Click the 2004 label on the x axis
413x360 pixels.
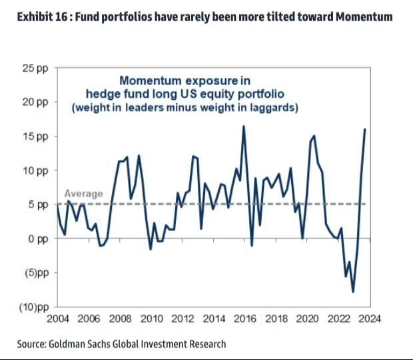point(58,319)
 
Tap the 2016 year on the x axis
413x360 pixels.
point(245,319)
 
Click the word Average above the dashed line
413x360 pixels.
point(84,194)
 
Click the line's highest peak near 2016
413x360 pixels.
point(244,126)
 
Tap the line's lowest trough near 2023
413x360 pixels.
point(352,291)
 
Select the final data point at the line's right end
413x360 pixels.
point(365,128)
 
